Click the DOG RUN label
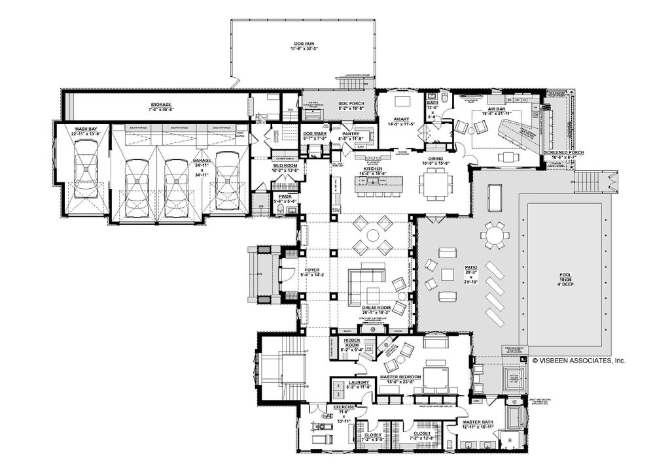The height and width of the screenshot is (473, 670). (303, 44)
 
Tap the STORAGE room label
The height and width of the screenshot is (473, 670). (161, 105)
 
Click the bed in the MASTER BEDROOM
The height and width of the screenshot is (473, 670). (434, 378)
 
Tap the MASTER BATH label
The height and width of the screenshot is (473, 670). (478, 422)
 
